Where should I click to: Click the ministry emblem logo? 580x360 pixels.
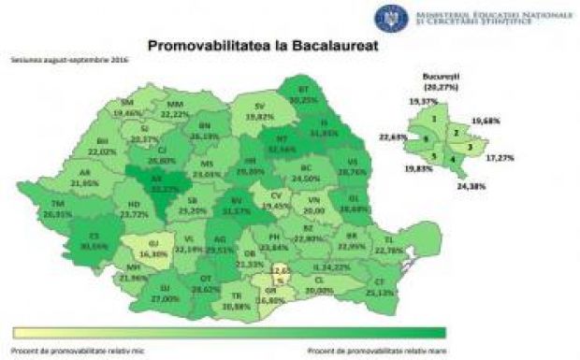pos(386,16)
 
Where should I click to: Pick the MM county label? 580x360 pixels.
pos(176,103)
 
